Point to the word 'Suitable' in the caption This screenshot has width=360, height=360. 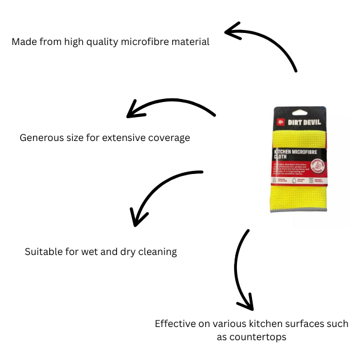pos(44,252)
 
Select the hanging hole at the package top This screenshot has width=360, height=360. pos(299,110)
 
